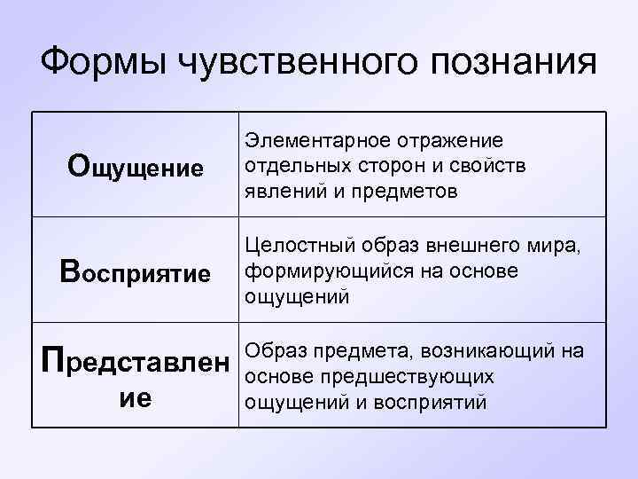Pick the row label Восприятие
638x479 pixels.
click(x=136, y=271)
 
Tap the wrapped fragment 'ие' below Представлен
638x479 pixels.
click(x=136, y=398)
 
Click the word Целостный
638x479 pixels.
click(x=293, y=244)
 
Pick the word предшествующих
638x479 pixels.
click(x=411, y=376)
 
